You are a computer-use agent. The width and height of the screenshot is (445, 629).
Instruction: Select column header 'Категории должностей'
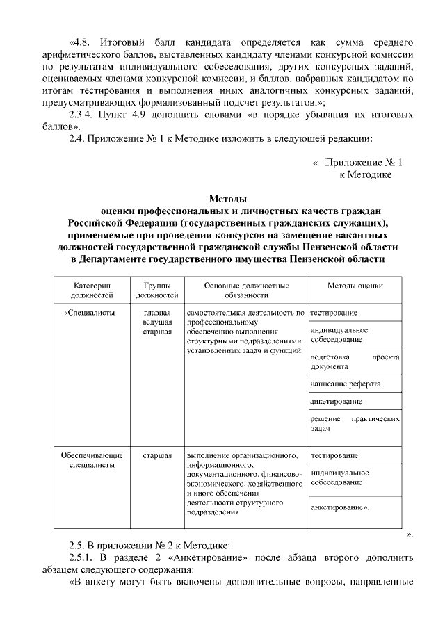pos(92,290)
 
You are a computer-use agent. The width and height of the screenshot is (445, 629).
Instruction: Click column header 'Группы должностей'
pos(157,290)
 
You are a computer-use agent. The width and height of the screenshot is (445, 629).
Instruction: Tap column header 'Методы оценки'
pos(355,286)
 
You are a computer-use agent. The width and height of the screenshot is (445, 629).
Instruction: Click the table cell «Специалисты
pos(92,313)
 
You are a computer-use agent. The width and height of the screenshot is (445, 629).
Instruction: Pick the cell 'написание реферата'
pos(346,384)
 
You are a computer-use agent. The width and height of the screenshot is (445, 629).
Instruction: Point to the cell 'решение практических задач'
pos(355,425)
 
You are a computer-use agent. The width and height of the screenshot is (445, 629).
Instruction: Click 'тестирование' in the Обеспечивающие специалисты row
pos(335,455)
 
